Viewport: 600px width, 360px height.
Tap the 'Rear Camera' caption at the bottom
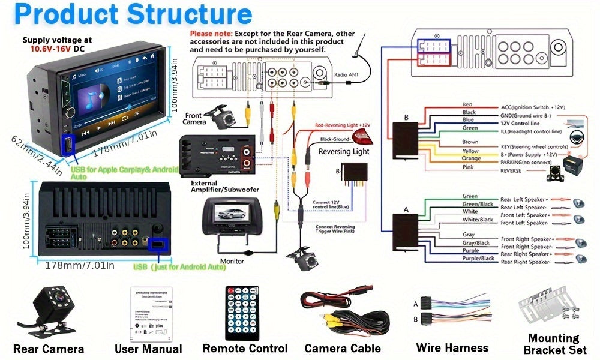tap(49, 349)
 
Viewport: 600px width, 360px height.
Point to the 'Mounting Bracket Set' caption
tap(553, 344)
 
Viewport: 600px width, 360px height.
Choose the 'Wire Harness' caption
tap(452, 347)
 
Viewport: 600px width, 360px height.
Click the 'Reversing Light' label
tap(344, 151)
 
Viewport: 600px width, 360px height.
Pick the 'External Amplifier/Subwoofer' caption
tap(224, 186)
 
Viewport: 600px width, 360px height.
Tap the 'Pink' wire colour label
tap(469, 167)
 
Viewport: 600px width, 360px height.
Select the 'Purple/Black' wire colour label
tap(478, 259)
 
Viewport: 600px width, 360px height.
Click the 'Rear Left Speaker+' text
tap(524, 199)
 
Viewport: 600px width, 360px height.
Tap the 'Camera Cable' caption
tap(343, 349)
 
